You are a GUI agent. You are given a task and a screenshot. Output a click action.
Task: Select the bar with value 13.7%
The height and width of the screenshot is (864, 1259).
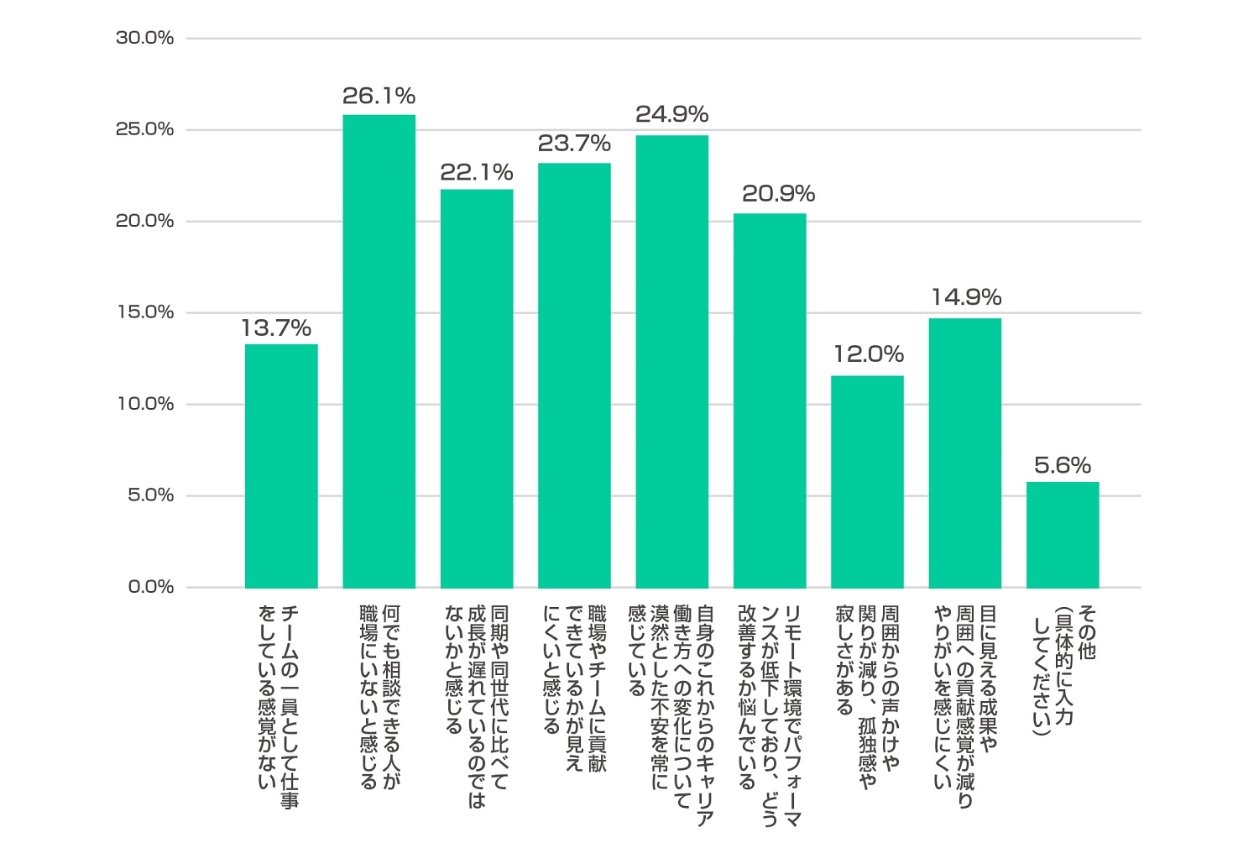coord(281,466)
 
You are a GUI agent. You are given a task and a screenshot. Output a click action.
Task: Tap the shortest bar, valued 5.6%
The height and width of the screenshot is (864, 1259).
coord(1063,535)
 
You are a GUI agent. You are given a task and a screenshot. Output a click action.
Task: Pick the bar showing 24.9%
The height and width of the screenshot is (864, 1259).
coord(672,361)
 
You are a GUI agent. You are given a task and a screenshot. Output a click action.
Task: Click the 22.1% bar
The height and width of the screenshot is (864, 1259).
coord(477,388)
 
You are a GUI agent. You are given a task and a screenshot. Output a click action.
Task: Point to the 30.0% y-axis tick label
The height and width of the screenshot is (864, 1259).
coord(144,39)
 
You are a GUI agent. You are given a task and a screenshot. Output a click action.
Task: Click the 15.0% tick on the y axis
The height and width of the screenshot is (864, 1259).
coord(144,313)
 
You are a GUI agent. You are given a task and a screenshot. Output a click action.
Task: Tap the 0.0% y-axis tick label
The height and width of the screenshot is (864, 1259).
coord(150,587)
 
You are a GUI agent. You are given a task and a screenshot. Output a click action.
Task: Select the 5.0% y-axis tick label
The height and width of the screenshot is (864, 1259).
coord(150,495)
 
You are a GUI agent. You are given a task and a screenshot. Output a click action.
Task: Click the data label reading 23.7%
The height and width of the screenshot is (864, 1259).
coord(574,144)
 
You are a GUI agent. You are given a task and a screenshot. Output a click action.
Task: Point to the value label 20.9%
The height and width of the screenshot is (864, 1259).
coord(778,194)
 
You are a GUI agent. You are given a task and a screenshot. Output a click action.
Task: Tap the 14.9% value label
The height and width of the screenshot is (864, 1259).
coord(966,297)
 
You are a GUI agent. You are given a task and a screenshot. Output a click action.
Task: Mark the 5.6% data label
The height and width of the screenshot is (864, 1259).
coord(1063,465)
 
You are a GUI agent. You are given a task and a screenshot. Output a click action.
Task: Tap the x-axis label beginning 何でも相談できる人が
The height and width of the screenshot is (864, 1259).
coord(379,697)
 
